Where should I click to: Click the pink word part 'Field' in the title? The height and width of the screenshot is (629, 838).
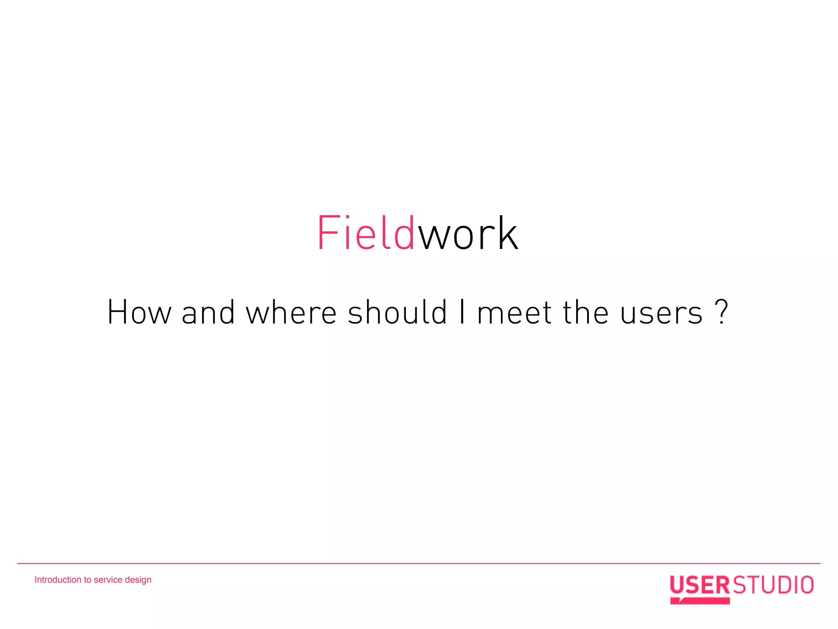366,233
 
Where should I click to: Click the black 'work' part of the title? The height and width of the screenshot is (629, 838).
468,234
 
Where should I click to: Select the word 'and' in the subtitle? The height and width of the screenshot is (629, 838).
208,313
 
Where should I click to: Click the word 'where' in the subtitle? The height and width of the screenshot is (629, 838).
291,313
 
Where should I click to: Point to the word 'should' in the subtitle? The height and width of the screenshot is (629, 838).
397,313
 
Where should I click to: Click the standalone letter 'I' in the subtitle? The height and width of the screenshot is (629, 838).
462,313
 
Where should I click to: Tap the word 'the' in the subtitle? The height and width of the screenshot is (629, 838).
586,313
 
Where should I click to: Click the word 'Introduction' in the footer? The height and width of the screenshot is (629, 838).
58,580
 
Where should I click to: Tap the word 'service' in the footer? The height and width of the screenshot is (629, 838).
108,580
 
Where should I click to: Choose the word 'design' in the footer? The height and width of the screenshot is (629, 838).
138,580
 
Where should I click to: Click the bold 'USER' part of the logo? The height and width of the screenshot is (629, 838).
700,585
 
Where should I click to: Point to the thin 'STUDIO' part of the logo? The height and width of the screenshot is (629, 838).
773,585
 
